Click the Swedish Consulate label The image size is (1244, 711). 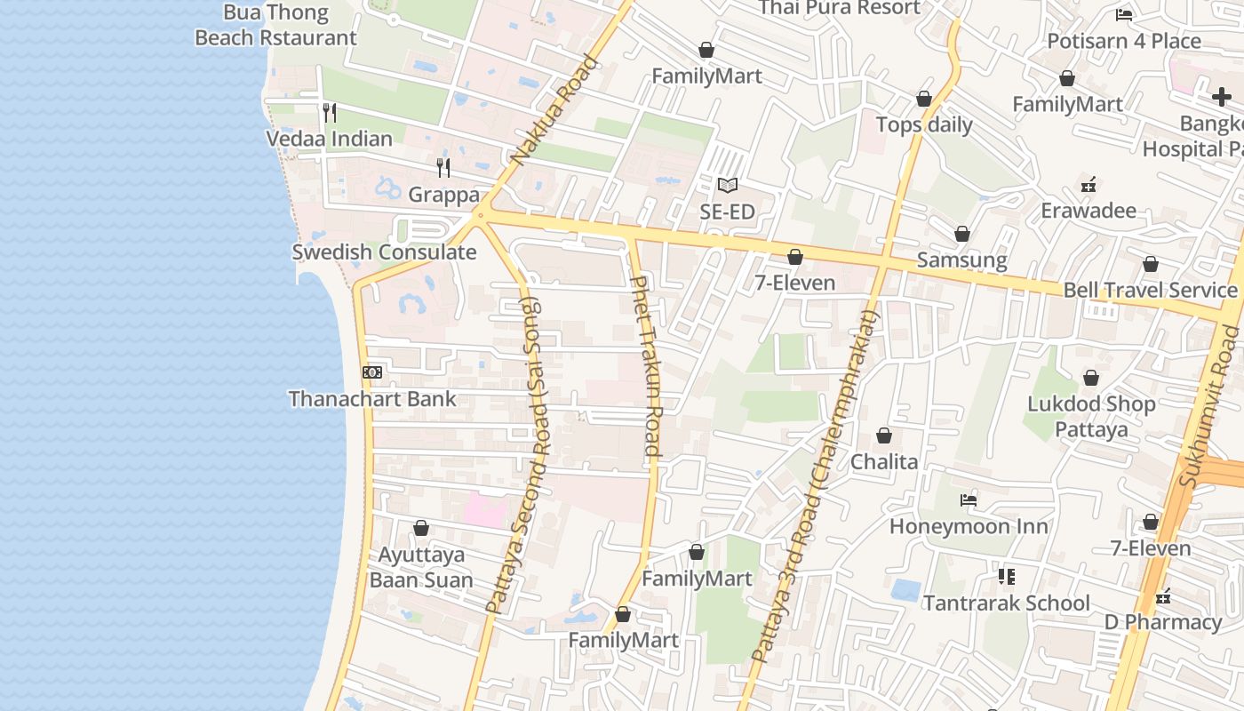click(x=384, y=252)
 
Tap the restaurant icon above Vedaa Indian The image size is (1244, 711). click(x=329, y=112)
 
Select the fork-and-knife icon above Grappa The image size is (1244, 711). click(x=443, y=167)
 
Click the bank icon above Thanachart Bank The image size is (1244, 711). click(x=372, y=372)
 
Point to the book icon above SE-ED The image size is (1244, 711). click(x=727, y=185)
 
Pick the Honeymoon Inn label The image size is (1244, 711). click(x=969, y=527)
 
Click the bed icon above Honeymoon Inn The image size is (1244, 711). click(x=969, y=500)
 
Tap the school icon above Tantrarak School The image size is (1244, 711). click(x=1006, y=577)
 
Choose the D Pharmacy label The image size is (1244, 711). click(x=1163, y=622)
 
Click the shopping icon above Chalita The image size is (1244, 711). click(x=883, y=435)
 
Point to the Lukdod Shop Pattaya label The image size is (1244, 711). click(x=1091, y=417)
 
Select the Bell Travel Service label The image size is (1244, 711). click(x=1150, y=291)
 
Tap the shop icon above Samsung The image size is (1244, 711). click(x=961, y=234)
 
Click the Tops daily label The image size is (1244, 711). click(x=924, y=124)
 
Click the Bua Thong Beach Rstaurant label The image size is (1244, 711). click(x=275, y=25)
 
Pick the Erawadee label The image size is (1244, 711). click(x=1088, y=211)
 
